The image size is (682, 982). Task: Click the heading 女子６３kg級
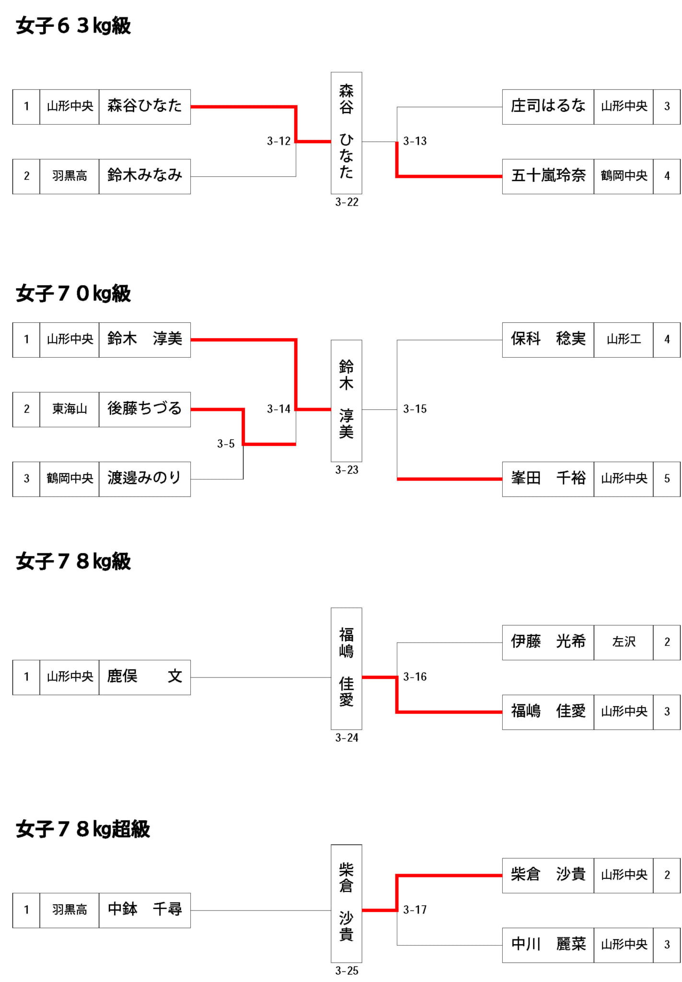[73, 26]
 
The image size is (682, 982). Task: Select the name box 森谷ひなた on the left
[145, 107]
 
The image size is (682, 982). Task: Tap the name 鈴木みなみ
[145, 175]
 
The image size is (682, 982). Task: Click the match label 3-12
[279, 141]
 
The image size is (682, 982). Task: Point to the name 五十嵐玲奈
[548, 175]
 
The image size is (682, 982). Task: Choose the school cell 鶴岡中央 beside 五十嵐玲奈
[624, 176]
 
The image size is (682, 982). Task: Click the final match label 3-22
[347, 202]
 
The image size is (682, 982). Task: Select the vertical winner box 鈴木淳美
[347, 401]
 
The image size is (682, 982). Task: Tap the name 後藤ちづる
[145, 409]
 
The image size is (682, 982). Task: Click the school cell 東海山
[69, 409]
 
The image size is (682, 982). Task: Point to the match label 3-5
[226, 444]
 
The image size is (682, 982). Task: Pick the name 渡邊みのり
[145, 478]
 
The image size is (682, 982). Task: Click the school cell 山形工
[624, 340]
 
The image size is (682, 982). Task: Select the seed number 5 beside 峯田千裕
[667, 479]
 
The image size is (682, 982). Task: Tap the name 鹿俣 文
[145, 677]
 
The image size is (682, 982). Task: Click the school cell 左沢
[624, 643]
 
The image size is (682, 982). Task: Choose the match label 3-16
[415, 677]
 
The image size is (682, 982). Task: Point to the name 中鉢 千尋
[145, 910]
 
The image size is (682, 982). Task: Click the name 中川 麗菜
[548, 944]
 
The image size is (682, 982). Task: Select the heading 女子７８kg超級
[83, 829]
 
